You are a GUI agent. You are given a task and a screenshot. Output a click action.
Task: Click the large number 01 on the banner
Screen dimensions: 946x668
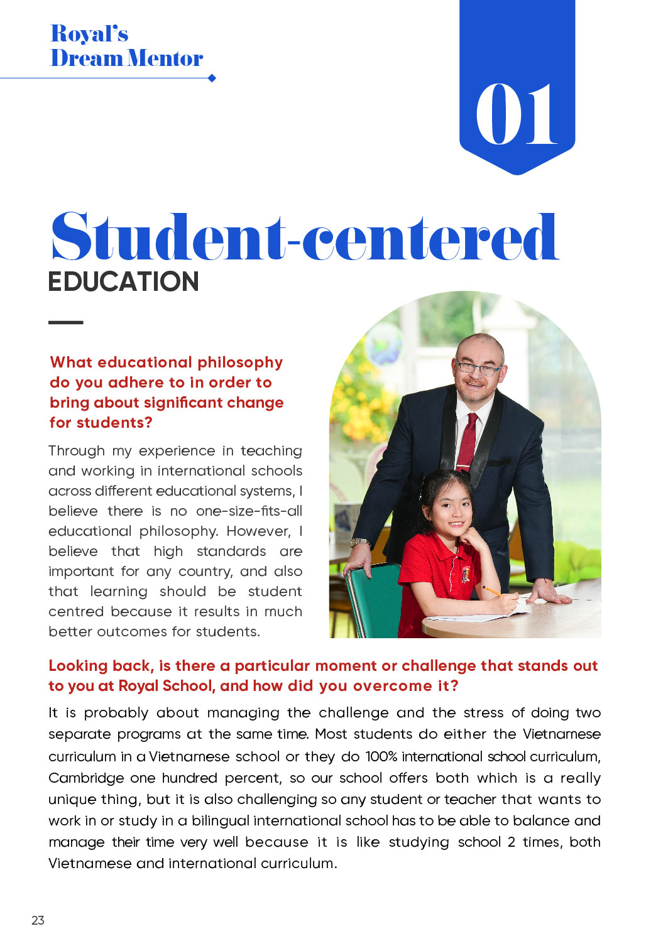516,114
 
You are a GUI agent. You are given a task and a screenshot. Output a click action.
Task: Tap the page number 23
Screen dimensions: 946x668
38,920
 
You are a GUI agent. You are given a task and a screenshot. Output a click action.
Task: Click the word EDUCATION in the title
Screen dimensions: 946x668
124,281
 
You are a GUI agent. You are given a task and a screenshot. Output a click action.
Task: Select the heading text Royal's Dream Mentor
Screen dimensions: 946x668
126,46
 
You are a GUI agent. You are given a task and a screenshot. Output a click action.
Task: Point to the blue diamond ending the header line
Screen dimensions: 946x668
212,78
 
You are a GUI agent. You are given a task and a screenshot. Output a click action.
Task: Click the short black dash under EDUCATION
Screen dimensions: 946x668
65,322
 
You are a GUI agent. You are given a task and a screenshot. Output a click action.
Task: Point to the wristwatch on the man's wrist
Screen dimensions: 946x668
360,542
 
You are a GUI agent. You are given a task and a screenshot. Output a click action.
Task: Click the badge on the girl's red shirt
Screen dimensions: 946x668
466,573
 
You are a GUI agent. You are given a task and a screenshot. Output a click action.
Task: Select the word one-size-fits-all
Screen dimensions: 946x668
249,511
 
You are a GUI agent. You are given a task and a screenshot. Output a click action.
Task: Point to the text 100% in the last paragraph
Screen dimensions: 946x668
381,756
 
